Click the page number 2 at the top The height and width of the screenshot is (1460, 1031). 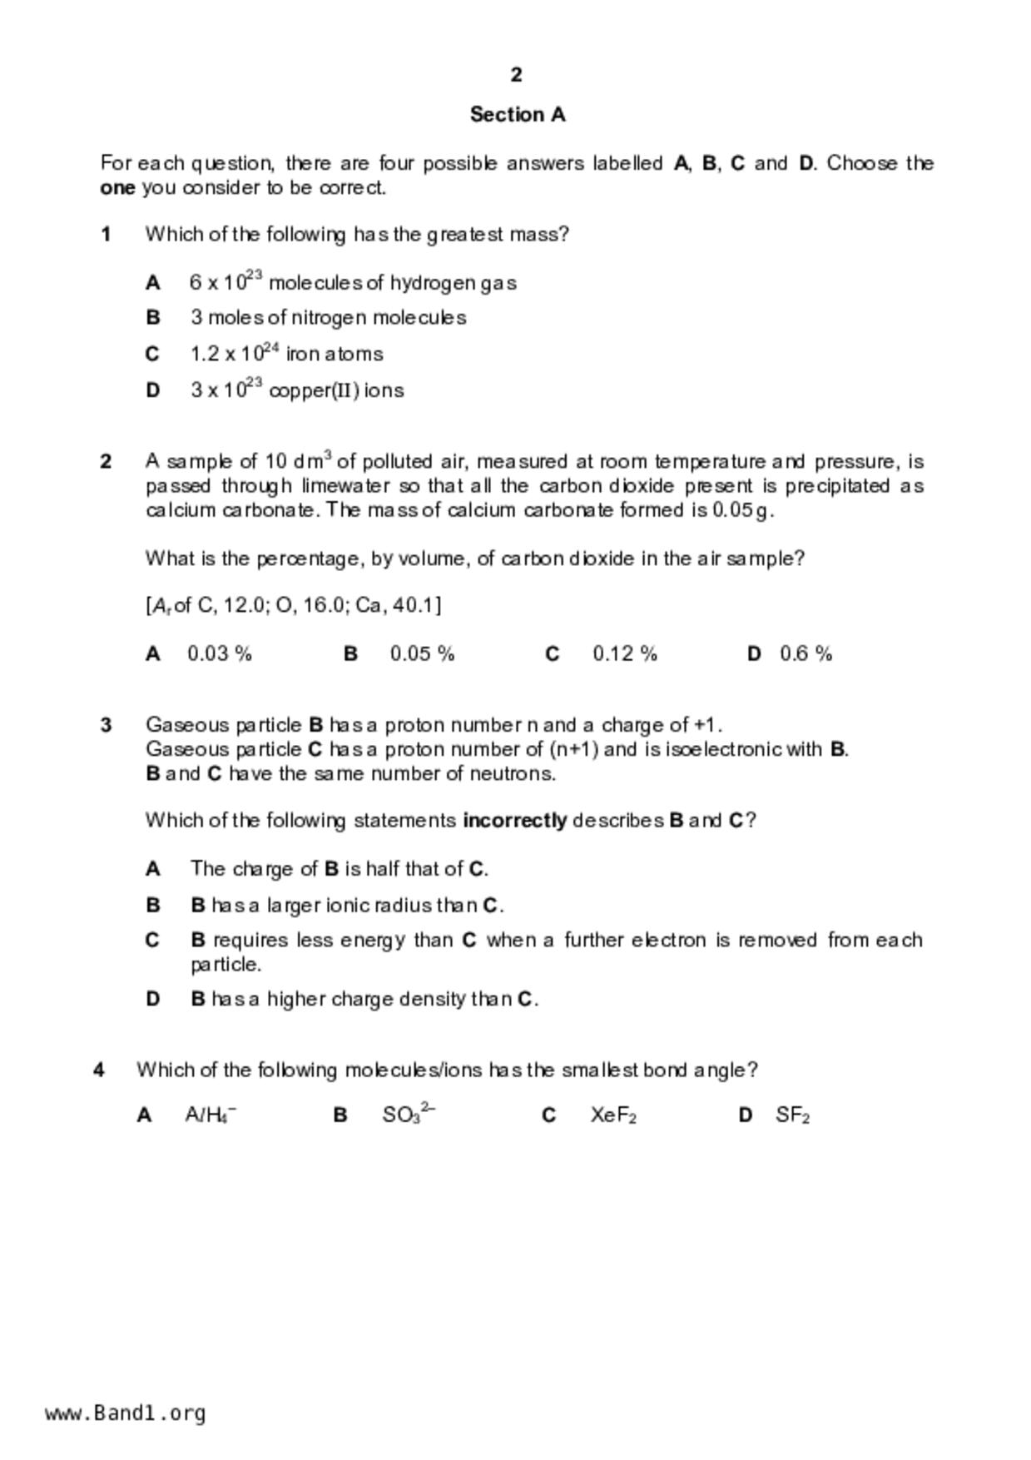[516, 75]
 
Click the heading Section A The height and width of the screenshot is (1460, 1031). [517, 114]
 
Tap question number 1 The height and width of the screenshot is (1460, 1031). [106, 235]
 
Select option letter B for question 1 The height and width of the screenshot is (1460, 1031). [152, 318]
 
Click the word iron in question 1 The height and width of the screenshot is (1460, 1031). [302, 355]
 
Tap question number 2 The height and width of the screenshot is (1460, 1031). [106, 462]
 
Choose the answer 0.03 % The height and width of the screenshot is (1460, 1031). [220, 654]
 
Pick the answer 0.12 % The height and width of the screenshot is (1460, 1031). [625, 654]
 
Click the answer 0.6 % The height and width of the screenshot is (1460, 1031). [805, 654]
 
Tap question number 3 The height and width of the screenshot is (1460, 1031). [106, 725]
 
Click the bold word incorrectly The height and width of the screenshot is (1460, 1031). [514, 821]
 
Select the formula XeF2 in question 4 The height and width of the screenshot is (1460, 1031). [613, 1115]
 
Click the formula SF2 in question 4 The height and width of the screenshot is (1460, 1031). [792, 1115]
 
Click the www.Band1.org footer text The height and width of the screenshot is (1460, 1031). [126, 1413]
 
